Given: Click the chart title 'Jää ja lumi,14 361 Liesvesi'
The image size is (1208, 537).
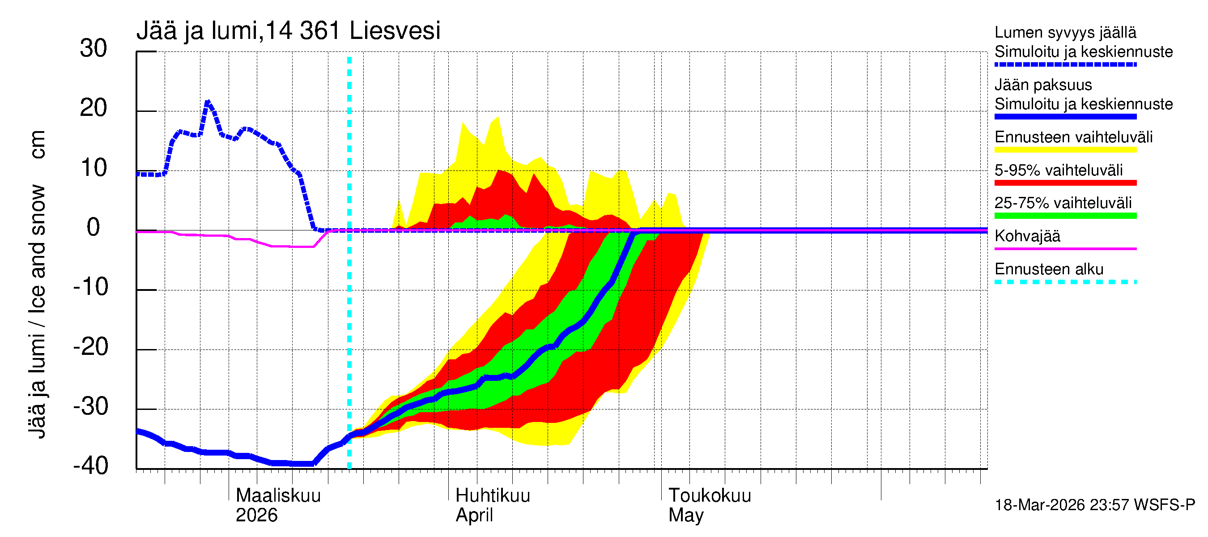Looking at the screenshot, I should [288, 31].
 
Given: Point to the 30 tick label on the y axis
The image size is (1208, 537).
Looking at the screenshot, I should [94, 48].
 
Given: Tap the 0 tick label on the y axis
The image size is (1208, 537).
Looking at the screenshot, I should [94, 227].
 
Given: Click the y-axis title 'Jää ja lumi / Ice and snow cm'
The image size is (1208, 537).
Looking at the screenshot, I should [37, 284].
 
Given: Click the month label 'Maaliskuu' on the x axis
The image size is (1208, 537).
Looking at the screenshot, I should [278, 495].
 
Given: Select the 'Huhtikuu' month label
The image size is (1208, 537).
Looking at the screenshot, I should [493, 495].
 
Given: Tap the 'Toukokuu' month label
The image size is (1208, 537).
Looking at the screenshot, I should [710, 495].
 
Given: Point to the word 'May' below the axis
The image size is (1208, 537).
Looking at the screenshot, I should [685, 515].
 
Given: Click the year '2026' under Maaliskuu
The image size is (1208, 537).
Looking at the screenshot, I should [256, 515].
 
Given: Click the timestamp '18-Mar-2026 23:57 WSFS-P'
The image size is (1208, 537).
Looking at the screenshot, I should [1094, 505].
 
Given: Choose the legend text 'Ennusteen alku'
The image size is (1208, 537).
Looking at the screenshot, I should [1049, 269].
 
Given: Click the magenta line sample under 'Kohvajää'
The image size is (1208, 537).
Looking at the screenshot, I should [1065, 248].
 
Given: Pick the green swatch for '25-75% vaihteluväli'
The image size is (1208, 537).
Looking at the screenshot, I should [1065, 216].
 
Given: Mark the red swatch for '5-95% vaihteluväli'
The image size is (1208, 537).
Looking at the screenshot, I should [1065, 183].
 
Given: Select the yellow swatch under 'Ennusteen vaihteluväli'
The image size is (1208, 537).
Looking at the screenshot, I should [1065, 150].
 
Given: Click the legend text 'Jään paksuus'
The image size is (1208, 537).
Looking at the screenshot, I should [1043, 85].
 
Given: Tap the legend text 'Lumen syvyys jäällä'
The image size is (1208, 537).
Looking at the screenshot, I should [1065, 32].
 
